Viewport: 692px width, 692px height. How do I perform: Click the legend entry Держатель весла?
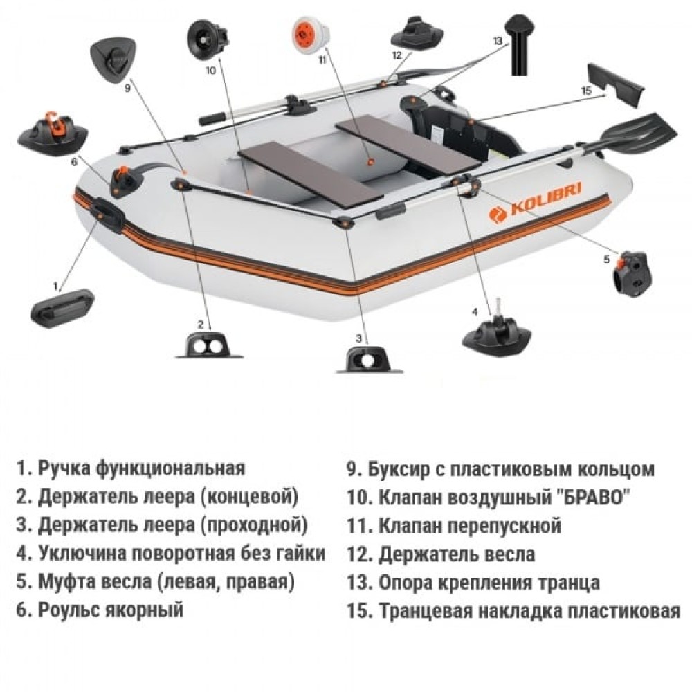tap(456, 554)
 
